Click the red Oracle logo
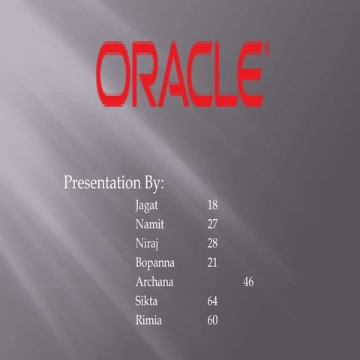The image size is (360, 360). pos(181,74)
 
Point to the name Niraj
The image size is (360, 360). pos(147,244)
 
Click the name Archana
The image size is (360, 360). pos(154,283)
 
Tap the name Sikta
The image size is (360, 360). pos(147,302)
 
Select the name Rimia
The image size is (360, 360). pos(148,322)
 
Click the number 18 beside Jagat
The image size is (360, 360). pos(212,205)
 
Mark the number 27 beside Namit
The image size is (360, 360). pos(212,224)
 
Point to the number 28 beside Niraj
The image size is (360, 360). pos(212,244)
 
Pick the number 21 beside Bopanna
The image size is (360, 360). pos(212,263)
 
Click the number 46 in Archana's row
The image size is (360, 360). pos(249,283)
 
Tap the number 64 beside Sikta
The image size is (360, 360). pos(212,302)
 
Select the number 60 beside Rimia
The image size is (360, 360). pos(212,322)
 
